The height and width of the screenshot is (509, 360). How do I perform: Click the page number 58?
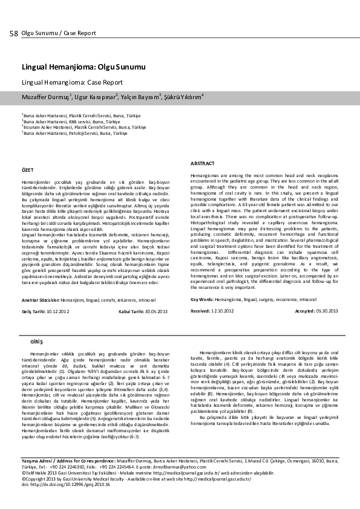[13, 33]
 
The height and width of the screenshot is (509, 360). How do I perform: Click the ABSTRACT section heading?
[202, 164]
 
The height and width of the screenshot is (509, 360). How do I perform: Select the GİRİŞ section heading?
[36, 342]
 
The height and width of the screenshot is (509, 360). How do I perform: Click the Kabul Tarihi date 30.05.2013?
[154, 310]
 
